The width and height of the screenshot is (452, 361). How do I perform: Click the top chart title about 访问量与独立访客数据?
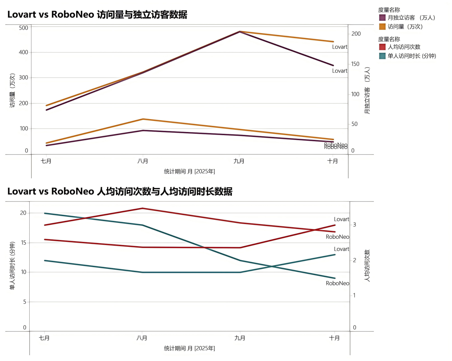(97, 15)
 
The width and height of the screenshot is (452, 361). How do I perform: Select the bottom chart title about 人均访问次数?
(120, 192)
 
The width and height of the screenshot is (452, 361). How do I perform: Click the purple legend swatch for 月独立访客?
(382, 17)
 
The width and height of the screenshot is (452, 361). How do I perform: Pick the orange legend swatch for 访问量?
(382, 27)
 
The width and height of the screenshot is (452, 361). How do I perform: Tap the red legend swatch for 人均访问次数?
(382, 47)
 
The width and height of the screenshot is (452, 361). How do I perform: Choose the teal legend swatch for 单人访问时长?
(382, 56)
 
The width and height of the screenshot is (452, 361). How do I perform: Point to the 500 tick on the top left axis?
(24, 28)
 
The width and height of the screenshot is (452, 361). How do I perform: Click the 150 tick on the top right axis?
(355, 64)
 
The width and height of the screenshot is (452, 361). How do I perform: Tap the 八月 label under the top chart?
(143, 161)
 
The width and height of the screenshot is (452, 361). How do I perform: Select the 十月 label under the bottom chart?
(334, 338)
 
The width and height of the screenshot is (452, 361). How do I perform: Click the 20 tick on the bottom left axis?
(23, 213)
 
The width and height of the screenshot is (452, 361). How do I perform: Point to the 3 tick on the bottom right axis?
(354, 225)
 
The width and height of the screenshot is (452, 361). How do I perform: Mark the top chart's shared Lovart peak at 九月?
(239, 31)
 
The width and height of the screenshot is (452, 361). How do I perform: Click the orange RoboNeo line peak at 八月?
(143, 119)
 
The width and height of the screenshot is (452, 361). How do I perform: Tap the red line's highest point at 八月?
(143, 208)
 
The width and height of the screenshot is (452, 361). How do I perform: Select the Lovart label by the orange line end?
(339, 47)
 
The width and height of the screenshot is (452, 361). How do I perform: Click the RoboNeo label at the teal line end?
(337, 283)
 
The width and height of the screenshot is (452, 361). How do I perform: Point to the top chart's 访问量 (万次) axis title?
(13, 90)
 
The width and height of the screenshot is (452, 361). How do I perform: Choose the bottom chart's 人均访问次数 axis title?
(367, 266)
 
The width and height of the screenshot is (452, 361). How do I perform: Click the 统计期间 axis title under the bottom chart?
(189, 348)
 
